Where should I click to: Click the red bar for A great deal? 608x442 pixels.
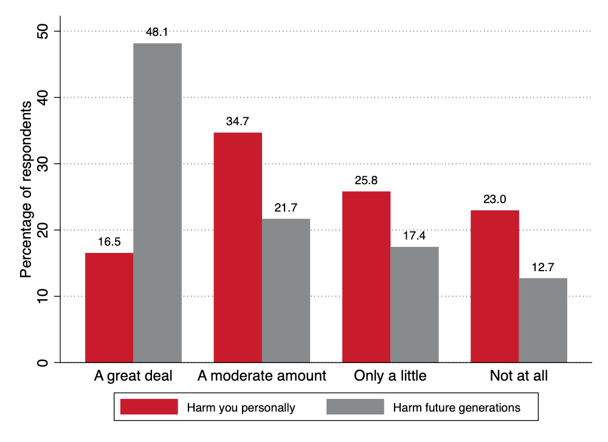(x=109, y=308)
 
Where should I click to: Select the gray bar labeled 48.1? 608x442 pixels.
(x=157, y=203)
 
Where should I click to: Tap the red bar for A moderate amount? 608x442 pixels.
(x=238, y=247)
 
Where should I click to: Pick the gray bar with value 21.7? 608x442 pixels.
(x=286, y=291)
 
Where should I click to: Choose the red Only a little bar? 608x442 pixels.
(x=366, y=277)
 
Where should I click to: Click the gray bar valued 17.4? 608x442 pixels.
(x=415, y=305)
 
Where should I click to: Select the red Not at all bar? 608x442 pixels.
(x=495, y=286)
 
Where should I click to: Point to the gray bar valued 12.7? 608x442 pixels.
(x=543, y=320)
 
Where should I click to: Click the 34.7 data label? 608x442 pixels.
(x=238, y=122)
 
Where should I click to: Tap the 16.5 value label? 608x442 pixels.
(x=109, y=242)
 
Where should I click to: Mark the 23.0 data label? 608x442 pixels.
(x=495, y=199)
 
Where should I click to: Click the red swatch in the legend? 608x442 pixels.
(x=149, y=407)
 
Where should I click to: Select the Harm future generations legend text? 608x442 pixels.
(x=457, y=407)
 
